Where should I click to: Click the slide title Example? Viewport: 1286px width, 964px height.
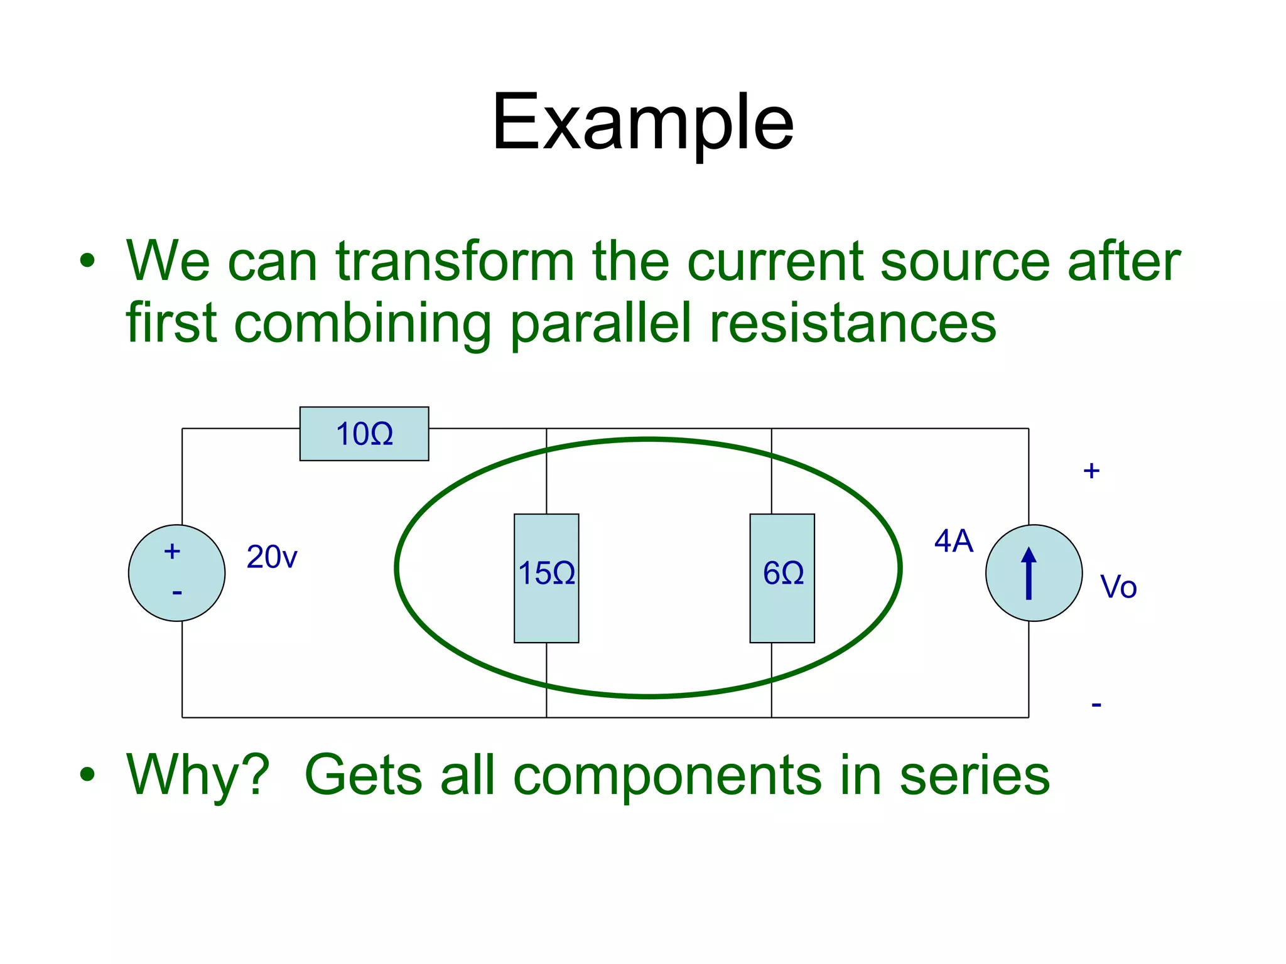click(642, 122)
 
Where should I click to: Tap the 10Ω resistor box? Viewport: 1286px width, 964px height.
click(364, 434)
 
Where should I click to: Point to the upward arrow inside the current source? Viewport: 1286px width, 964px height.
click(1029, 572)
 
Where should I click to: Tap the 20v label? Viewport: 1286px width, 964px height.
click(271, 557)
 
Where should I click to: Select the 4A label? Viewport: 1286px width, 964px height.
click(953, 541)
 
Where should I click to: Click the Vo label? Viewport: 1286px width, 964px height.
click(1118, 587)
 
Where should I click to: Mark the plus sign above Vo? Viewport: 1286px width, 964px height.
click(1091, 471)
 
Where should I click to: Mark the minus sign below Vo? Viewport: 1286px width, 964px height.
click(1096, 705)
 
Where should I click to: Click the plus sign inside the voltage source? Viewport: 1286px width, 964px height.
click(172, 552)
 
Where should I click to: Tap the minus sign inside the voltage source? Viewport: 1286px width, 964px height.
click(177, 592)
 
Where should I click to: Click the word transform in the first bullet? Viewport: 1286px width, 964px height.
click(455, 261)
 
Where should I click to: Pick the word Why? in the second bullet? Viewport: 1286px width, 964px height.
click(198, 775)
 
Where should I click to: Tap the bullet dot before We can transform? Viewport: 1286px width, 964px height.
click(88, 261)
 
